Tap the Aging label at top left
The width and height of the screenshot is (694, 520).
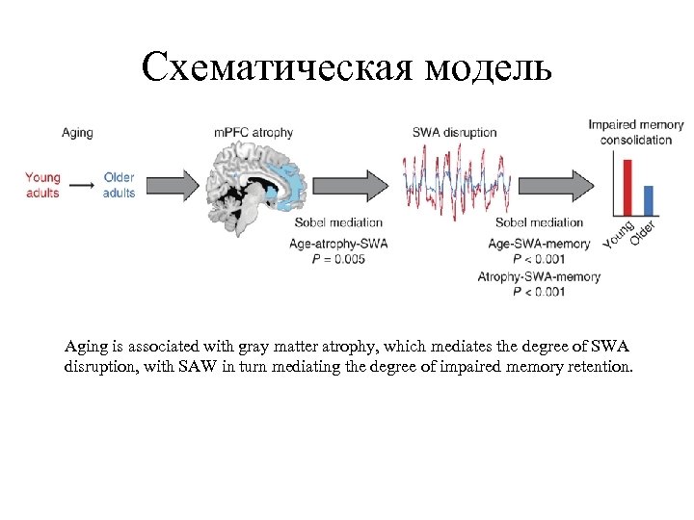click(x=77, y=132)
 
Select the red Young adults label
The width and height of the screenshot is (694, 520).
click(x=42, y=185)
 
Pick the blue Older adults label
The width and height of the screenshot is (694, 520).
click(x=120, y=185)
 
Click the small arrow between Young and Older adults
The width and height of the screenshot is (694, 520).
click(x=82, y=183)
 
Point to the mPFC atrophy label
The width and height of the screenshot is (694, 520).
click(x=254, y=132)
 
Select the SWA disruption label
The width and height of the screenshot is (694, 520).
click(x=454, y=132)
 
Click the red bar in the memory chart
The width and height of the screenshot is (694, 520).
click(x=627, y=188)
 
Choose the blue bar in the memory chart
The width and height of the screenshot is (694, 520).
click(x=648, y=200)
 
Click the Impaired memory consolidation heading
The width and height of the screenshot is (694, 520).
click(x=635, y=132)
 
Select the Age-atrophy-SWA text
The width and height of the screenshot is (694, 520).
click(x=338, y=245)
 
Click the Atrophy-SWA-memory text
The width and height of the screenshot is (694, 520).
click(x=539, y=277)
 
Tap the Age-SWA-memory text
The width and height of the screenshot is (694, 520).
click(x=539, y=245)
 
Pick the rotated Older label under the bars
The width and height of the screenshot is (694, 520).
click(x=644, y=232)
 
